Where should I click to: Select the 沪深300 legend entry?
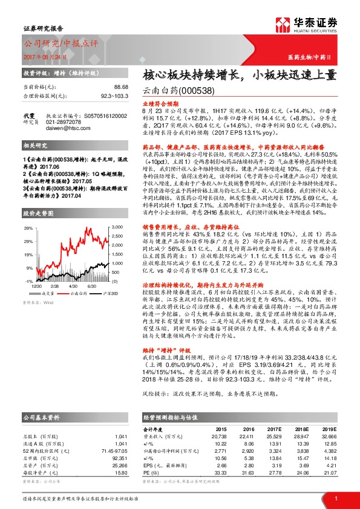tap(107, 293)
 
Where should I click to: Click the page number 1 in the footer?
tap(336, 498)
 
